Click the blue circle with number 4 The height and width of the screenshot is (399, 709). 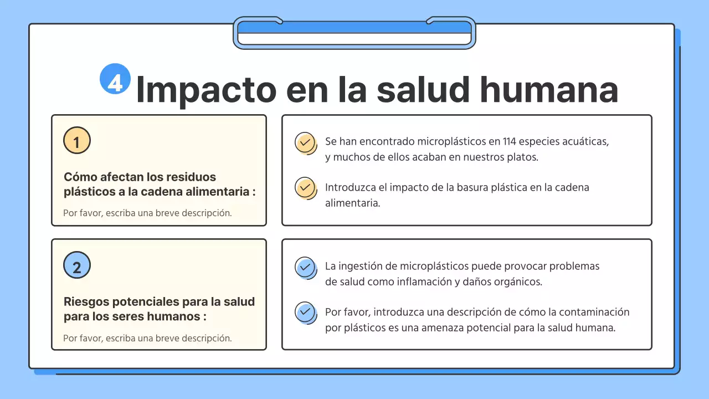point(115,79)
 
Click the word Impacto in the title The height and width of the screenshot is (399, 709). point(205,89)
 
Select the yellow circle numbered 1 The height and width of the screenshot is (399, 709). point(77,140)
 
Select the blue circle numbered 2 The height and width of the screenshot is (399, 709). point(77,265)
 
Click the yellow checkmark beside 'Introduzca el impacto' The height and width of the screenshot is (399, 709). point(305,188)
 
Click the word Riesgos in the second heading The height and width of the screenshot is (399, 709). point(86,302)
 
